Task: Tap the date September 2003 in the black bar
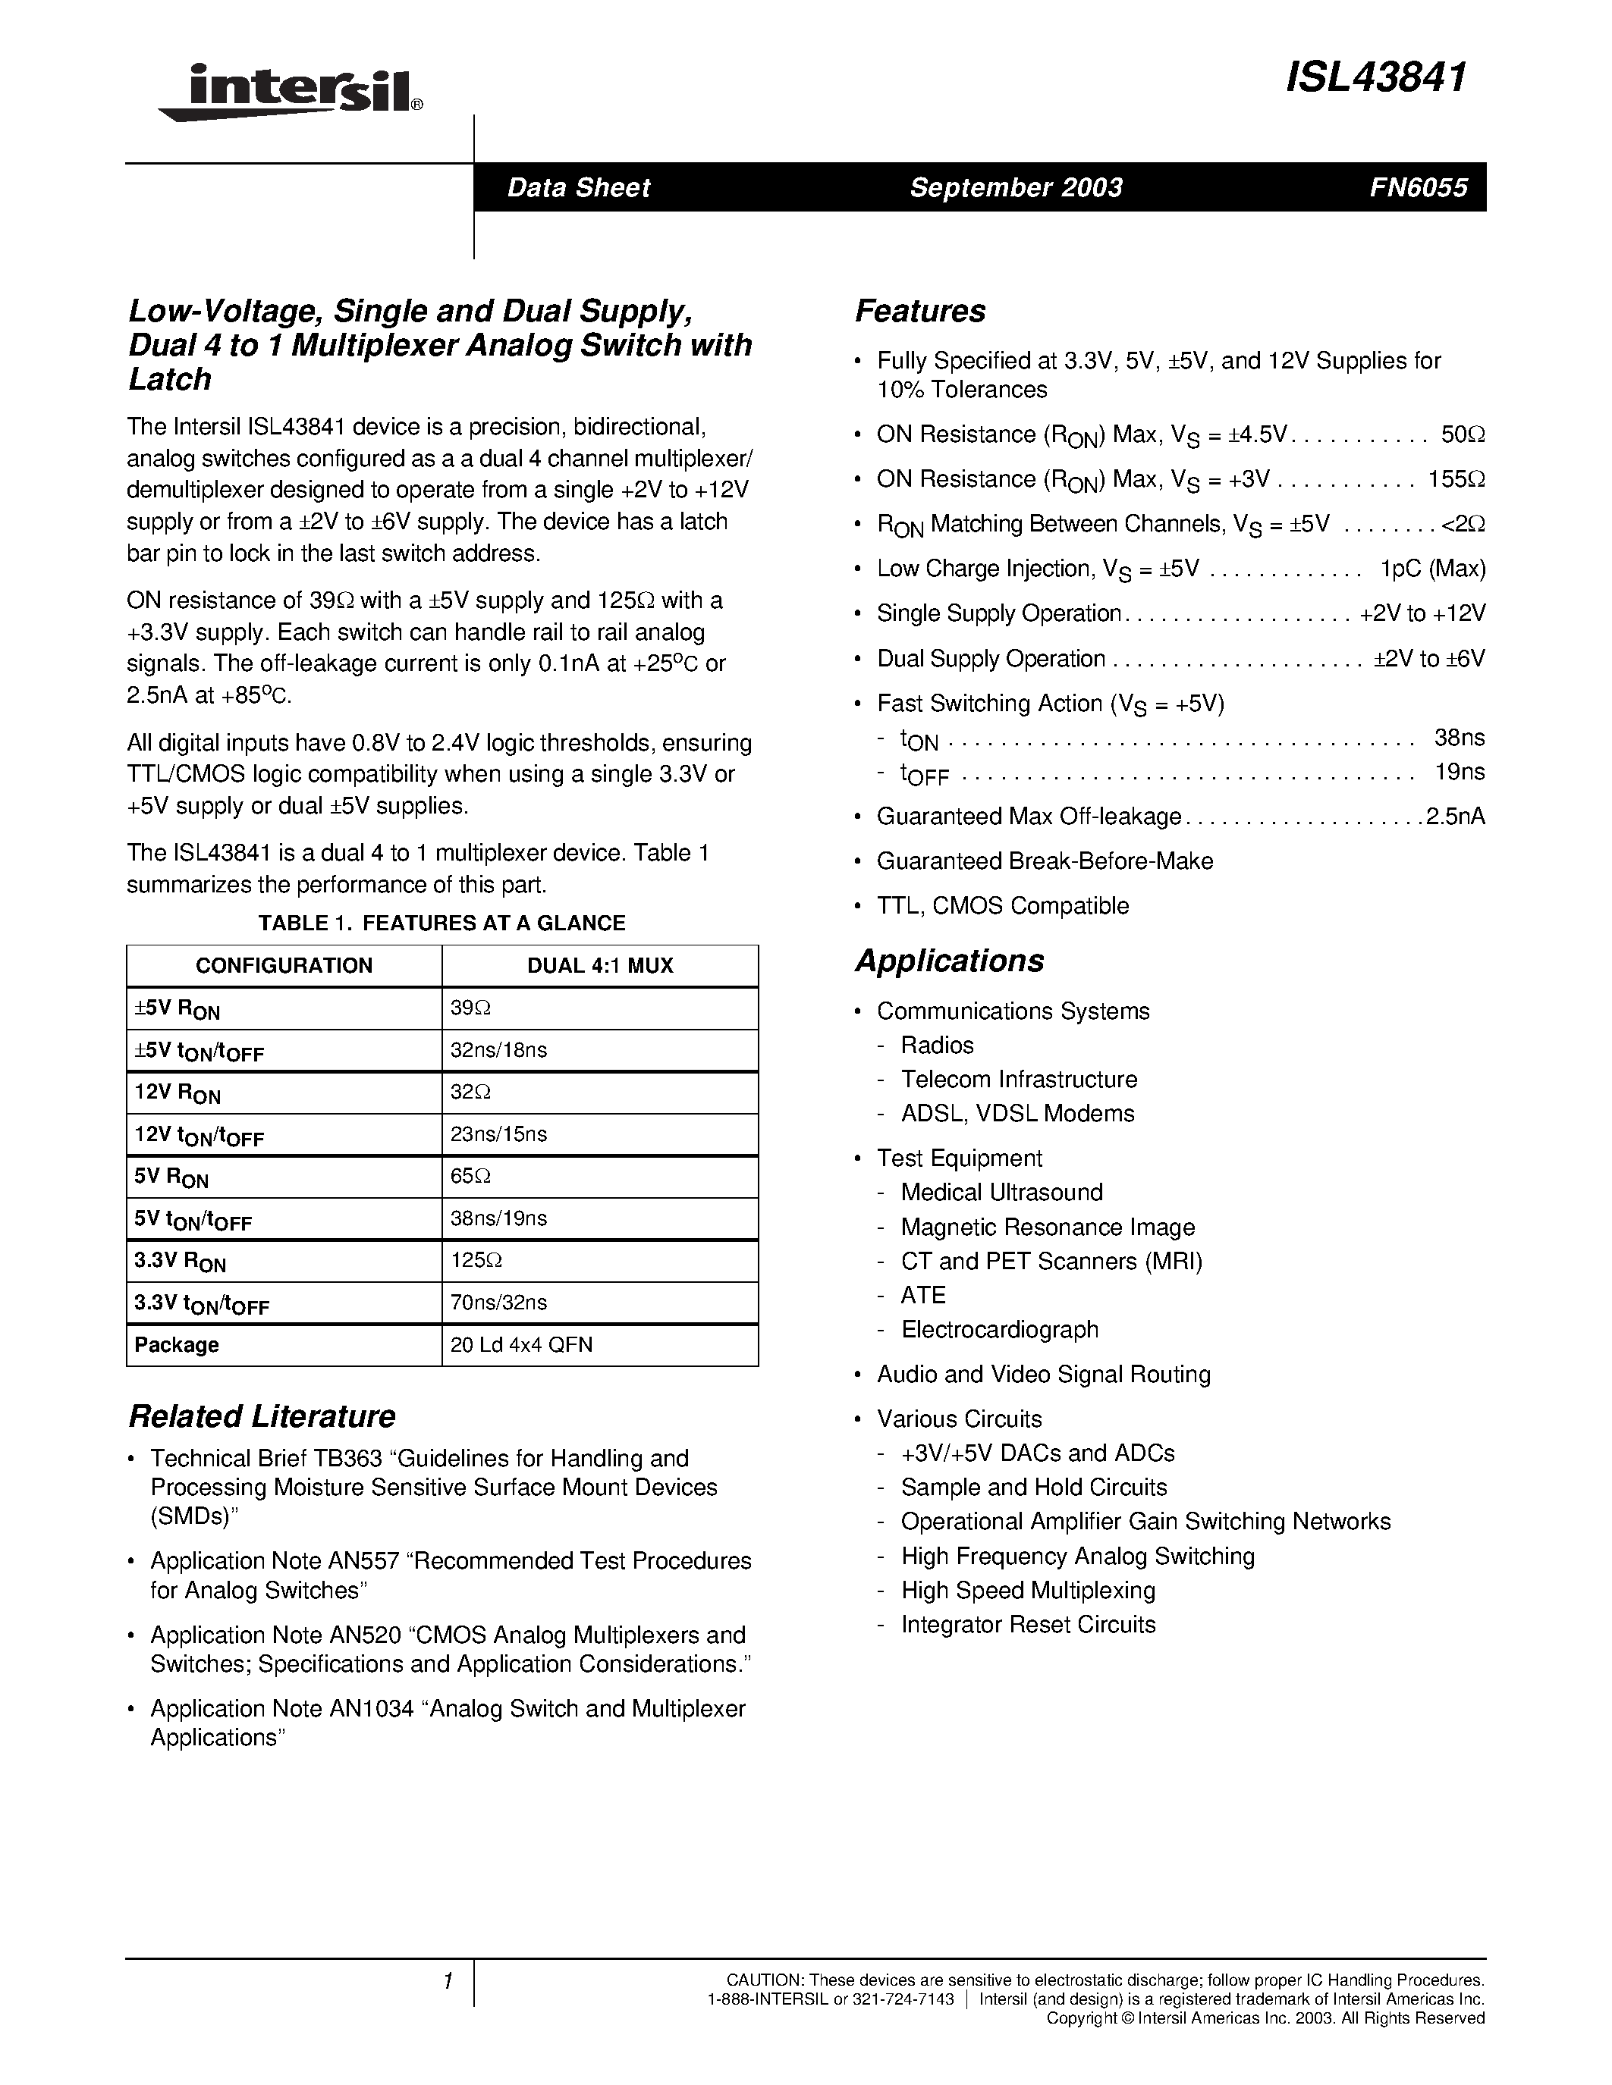click(1015, 187)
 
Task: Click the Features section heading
click(919, 311)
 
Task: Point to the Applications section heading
click(949, 961)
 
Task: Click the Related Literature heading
click(262, 1416)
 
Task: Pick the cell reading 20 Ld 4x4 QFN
click(521, 1344)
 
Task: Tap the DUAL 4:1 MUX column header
click(600, 965)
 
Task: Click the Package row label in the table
click(177, 1344)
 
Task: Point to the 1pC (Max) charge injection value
click(1432, 568)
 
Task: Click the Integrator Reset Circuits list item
click(1028, 1624)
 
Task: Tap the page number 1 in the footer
click(447, 1982)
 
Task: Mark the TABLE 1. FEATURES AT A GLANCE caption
click(441, 922)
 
